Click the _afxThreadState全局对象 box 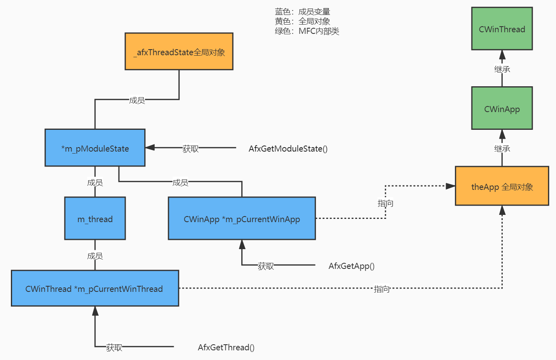click(x=179, y=52)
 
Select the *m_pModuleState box click(x=95, y=148)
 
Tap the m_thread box click(x=95, y=218)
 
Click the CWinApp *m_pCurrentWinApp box click(x=242, y=218)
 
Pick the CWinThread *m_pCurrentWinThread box click(x=95, y=288)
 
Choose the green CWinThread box click(x=502, y=29)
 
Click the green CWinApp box click(x=502, y=108)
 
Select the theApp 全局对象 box click(x=502, y=186)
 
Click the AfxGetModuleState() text click(x=288, y=149)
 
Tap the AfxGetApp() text click(x=351, y=266)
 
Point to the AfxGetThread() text click(x=226, y=348)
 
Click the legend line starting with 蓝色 click(x=303, y=12)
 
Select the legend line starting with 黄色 click(x=303, y=21)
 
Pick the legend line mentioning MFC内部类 click(x=307, y=31)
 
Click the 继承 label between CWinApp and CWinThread click(x=502, y=69)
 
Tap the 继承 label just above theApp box click(x=502, y=149)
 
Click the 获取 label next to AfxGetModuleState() click(x=191, y=149)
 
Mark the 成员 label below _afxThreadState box click(x=137, y=100)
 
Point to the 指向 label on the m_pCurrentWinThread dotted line click(x=382, y=289)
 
